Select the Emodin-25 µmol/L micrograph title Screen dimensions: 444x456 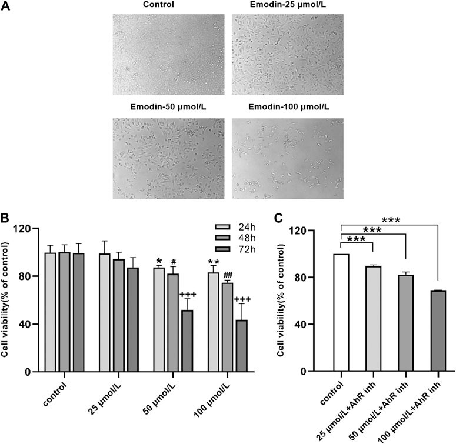pyautogui.click(x=286, y=6)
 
